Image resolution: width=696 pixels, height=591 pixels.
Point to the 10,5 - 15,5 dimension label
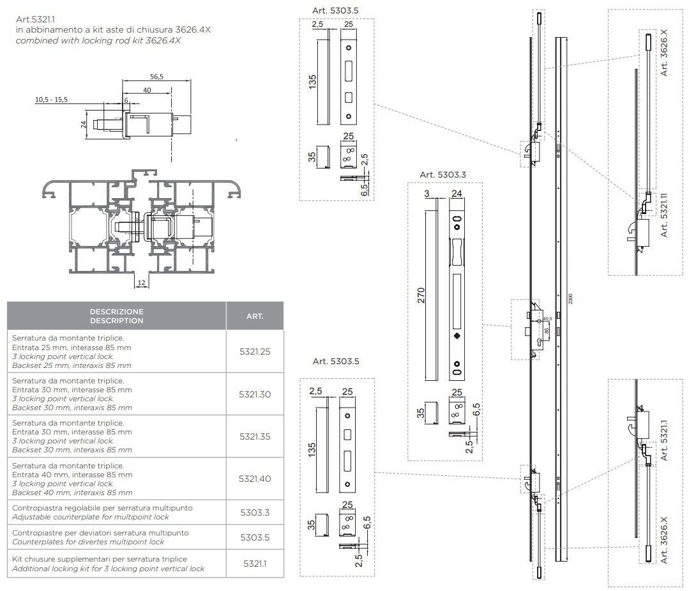51,100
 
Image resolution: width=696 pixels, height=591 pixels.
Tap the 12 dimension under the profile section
140,282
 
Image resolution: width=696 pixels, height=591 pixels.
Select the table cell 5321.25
255,351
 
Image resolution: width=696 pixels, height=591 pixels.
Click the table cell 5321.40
255,479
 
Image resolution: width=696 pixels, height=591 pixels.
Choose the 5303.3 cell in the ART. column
255,512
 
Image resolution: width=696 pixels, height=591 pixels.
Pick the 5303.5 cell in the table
255,537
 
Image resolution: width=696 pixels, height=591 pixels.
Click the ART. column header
255,316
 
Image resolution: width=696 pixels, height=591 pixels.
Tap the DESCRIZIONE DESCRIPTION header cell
116,316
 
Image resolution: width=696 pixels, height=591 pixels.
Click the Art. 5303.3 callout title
443,174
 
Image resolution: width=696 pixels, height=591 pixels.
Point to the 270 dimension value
421,296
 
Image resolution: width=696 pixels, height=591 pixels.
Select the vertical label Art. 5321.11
664,215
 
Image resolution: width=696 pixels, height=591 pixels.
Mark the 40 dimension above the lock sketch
147,91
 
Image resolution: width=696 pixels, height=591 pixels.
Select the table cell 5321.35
255,436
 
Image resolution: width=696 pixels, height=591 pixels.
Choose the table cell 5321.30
255,394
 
